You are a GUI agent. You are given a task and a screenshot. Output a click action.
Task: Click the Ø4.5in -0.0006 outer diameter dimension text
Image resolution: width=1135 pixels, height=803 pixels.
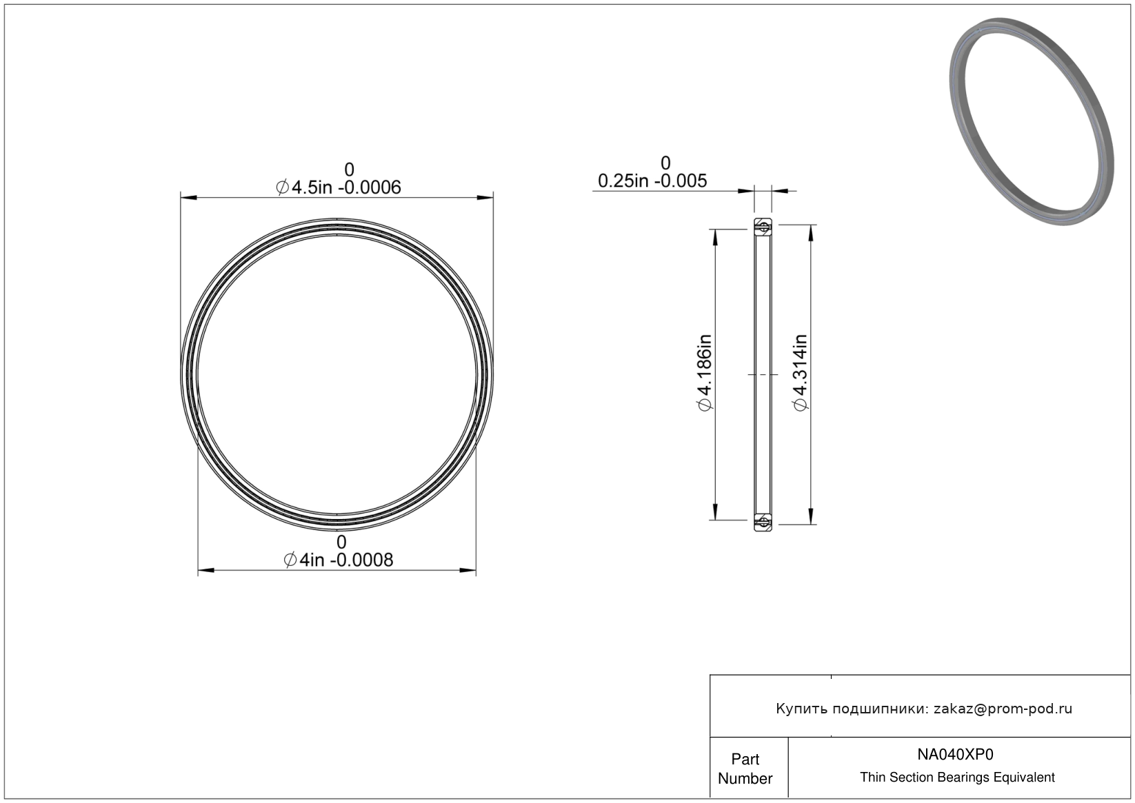pyautogui.click(x=339, y=187)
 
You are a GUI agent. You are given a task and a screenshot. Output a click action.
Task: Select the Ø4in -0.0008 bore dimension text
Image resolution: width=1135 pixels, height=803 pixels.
pyautogui.click(x=339, y=560)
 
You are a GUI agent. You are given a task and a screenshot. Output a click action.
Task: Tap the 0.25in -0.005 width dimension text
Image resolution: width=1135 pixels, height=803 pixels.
pyautogui.click(x=652, y=181)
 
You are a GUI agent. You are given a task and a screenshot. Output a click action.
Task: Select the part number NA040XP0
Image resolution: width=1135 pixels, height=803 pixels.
pyautogui.click(x=955, y=754)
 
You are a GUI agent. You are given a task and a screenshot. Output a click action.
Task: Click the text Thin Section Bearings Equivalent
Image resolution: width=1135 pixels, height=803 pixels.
pyautogui.click(x=957, y=777)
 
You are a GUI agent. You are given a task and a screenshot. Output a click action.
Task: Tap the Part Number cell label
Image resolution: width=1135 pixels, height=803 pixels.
pyautogui.click(x=745, y=769)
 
